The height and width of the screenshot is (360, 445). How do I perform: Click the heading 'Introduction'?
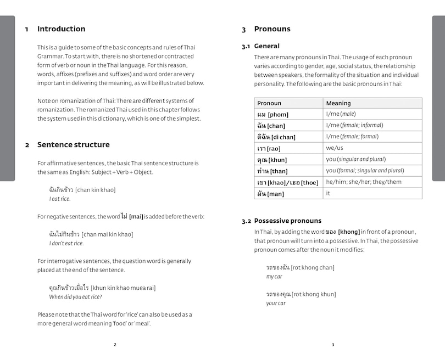coord(61,29)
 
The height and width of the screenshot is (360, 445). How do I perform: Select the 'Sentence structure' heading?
coord(73,145)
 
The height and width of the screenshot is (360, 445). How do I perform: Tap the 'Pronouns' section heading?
coord(272,29)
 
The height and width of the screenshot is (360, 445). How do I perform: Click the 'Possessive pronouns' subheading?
coord(287,221)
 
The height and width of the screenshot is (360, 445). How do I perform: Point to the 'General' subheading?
coord(266,46)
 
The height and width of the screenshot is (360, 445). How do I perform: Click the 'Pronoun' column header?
coord(269,103)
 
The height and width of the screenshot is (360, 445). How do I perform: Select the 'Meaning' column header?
coord(338,103)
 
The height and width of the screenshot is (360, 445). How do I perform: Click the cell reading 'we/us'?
coord(335,148)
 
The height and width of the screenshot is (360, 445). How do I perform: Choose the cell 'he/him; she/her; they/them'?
coord(364,182)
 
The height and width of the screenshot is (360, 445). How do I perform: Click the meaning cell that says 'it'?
coord(329,193)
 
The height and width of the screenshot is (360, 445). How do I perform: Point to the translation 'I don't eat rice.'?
coord(66,243)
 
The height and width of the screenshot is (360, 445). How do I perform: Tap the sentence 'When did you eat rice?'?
coord(75,297)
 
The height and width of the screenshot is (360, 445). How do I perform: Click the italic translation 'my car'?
coord(274,277)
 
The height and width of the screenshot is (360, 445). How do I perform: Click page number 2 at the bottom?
coord(115,345)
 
